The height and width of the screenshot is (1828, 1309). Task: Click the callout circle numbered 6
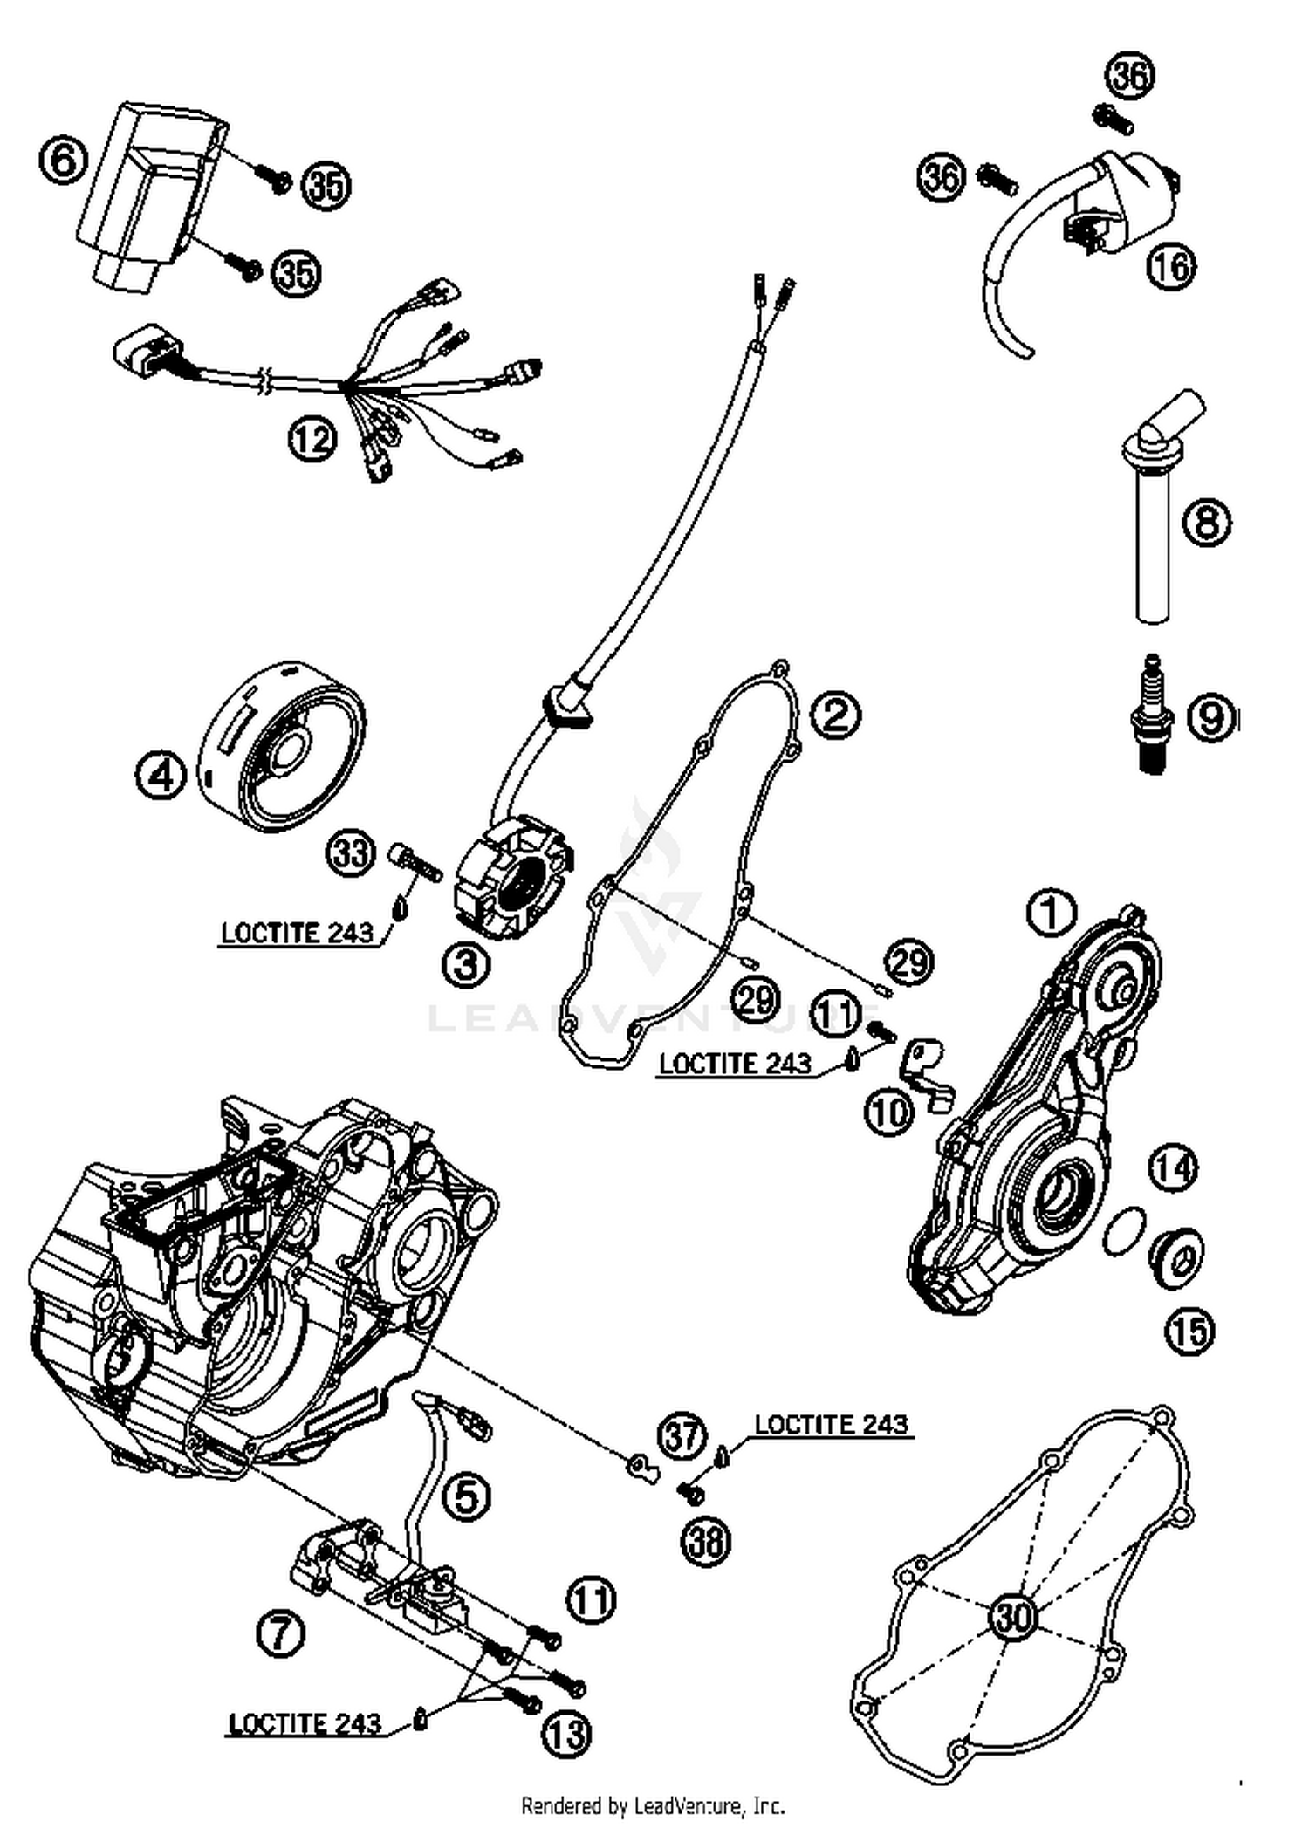click(64, 161)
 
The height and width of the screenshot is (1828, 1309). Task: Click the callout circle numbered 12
click(312, 439)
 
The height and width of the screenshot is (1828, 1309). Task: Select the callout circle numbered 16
click(1171, 265)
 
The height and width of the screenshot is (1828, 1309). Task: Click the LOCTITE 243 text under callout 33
click(297, 932)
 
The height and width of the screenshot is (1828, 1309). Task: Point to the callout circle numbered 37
click(682, 1435)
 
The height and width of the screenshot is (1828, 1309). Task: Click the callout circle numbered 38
click(705, 1541)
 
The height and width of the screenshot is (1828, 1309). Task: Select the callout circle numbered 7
click(281, 1633)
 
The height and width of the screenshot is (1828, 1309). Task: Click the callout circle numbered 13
click(567, 1735)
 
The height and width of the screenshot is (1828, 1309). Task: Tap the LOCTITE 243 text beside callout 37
click(831, 1424)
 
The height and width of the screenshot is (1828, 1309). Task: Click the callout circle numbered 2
click(835, 715)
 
